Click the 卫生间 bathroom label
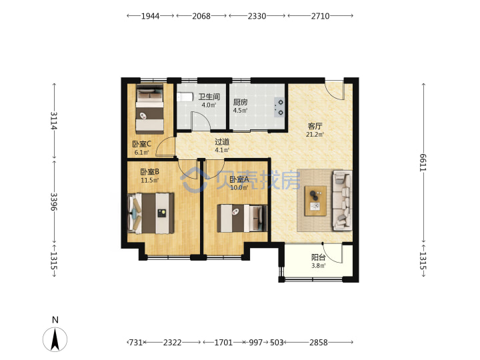click(209, 97)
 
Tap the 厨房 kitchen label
click(240, 102)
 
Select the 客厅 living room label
click(315, 126)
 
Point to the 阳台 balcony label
click(319, 257)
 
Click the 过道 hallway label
click(222, 142)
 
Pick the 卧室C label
click(142, 144)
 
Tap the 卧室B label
click(150, 172)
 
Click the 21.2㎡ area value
click(315, 135)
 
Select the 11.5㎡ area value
click(150, 180)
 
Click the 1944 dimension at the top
click(150, 16)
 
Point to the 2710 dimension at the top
click(320, 16)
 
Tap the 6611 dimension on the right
click(423, 162)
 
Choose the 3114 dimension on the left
click(54, 121)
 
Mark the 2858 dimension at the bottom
click(319, 342)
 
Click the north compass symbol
click(55, 339)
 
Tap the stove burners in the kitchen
click(279, 107)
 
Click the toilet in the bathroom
click(185, 97)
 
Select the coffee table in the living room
click(315, 201)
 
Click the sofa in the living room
click(342, 201)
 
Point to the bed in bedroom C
click(150, 109)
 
